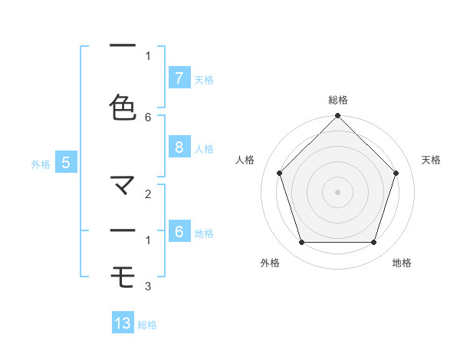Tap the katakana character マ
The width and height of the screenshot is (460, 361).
pos(123,185)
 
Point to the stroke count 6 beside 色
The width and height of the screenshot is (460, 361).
pos(148,117)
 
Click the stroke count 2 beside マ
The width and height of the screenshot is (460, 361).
pos(148,195)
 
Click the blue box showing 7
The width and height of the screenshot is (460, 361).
pos(179,78)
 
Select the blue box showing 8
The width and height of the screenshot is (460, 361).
pos(179,147)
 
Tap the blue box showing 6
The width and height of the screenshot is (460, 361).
pos(179,232)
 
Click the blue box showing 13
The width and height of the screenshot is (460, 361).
pos(123,323)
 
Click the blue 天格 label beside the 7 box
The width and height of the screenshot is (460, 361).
pos(204,79)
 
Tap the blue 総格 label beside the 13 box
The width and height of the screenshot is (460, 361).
pos(147,325)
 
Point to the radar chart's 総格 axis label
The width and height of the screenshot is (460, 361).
pos(337,100)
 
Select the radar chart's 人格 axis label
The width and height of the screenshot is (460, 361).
pos(245,160)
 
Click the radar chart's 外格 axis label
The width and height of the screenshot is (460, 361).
pos(270,263)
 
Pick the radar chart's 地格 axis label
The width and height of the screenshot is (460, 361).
pos(402,263)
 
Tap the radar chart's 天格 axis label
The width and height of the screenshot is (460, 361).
pos(431,160)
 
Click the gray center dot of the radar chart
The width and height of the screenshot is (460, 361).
pos(337,192)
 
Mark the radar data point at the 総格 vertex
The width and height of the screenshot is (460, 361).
pos(337,117)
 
